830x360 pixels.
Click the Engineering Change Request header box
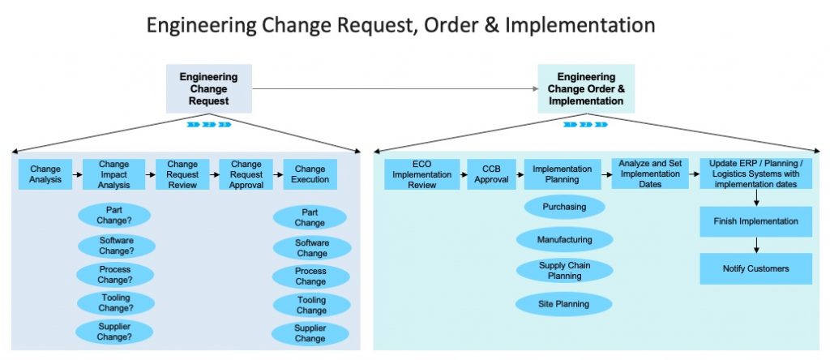pyautogui.click(x=208, y=89)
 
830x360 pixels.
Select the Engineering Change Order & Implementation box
pyautogui.click(x=585, y=89)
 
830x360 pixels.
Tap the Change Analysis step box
pyautogui.click(x=45, y=174)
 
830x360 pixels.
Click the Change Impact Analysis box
pyautogui.click(x=113, y=174)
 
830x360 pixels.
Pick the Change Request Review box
pyautogui.click(x=182, y=174)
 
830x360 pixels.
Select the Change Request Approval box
pyautogui.click(x=246, y=174)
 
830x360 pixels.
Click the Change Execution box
pyautogui.click(x=310, y=174)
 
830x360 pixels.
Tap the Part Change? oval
pyautogui.click(x=114, y=215)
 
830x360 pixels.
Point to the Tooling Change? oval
pyautogui.click(x=115, y=302)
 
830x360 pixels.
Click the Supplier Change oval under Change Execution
pyautogui.click(x=310, y=333)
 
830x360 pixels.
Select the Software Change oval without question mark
pyautogui.click(x=311, y=248)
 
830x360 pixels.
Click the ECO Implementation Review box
pyautogui.click(x=421, y=174)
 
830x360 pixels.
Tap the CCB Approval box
pyautogui.click(x=491, y=174)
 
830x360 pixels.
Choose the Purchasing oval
pyautogui.click(x=564, y=207)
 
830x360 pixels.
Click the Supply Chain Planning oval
pyautogui.click(x=564, y=271)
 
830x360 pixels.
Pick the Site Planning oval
pyautogui.click(x=564, y=304)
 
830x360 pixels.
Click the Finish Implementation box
pyautogui.click(x=755, y=221)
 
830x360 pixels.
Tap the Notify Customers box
pyautogui.click(x=755, y=268)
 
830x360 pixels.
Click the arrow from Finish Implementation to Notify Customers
pyautogui.click(x=755, y=244)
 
